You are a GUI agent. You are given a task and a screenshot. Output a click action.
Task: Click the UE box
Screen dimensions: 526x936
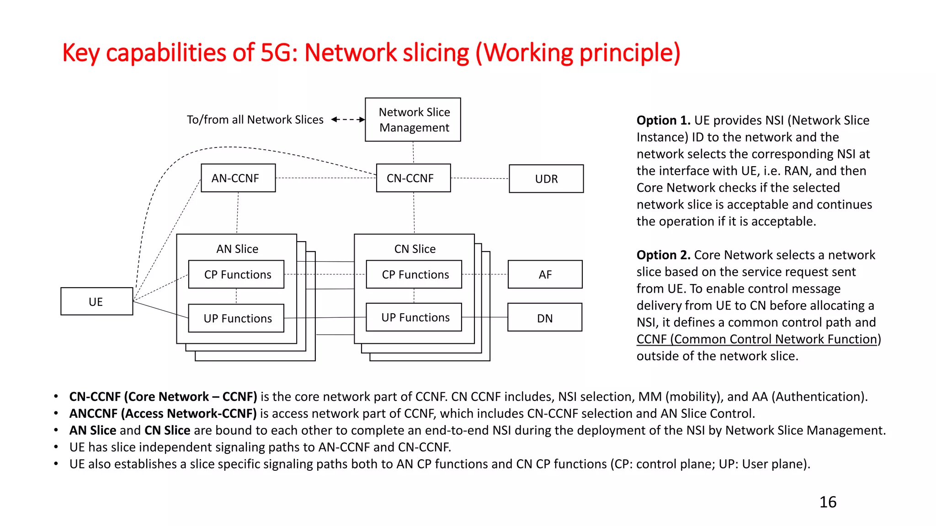(x=96, y=301)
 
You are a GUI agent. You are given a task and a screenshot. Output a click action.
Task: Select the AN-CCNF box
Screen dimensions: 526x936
(x=238, y=178)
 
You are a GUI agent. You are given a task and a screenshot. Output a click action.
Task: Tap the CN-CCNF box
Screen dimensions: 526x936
(x=413, y=178)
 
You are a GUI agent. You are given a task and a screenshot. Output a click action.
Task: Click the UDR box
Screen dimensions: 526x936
(x=546, y=179)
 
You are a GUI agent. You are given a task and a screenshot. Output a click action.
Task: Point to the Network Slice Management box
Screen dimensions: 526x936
(x=413, y=120)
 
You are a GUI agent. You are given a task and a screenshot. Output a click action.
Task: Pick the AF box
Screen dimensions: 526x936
(x=545, y=274)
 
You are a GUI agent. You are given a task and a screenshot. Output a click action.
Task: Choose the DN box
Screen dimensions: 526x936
(x=544, y=318)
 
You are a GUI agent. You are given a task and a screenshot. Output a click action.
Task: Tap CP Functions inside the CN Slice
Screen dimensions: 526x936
(x=414, y=274)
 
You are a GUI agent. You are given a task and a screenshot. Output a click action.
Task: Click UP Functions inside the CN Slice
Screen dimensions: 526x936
(x=414, y=317)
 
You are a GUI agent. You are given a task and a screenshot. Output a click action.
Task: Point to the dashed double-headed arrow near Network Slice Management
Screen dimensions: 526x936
(x=348, y=120)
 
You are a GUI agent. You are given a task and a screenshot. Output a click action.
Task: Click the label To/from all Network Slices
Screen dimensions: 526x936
(x=255, y=120)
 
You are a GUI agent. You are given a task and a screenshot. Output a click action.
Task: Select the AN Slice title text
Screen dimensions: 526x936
(x=237, y=249)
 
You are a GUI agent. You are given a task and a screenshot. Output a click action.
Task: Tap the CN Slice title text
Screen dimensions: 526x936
(x=415, y=249)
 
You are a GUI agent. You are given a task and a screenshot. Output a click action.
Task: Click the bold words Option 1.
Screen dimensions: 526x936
(x=663, y=121)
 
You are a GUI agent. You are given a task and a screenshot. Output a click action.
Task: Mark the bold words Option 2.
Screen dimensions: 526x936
(x=663, y=255)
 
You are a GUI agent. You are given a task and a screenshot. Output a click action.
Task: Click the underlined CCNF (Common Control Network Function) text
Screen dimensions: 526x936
(x=757, y=339)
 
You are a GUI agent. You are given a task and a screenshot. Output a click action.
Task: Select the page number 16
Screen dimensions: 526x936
(x=828, y=502)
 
